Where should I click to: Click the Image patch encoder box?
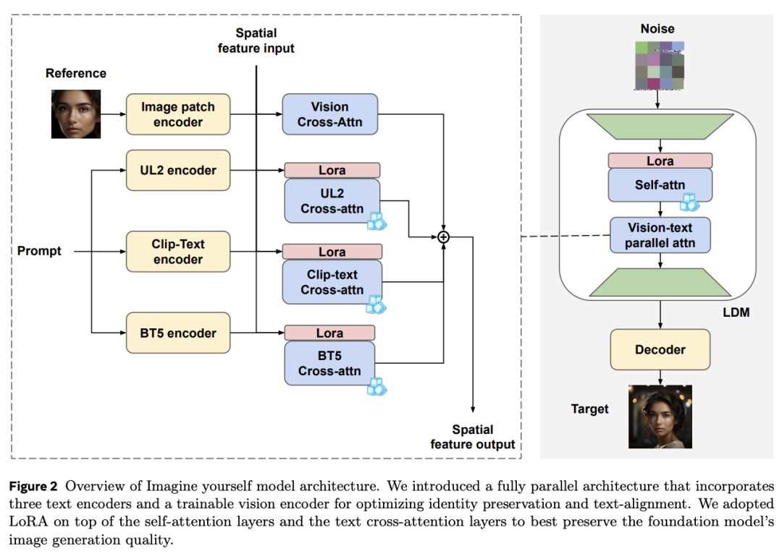(x=178, y=114)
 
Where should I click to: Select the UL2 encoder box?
(x=178, y=171)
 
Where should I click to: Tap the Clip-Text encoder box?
(x=178, y=252)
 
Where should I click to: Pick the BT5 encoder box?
(x=178, y=333)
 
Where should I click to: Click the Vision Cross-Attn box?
(x=329, y=114)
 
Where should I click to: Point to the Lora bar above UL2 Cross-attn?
(x=332, y=171)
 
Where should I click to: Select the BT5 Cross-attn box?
(x=329, y=363)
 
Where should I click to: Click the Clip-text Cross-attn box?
(x=332, y=282)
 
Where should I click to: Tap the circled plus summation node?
(x=443, y=237)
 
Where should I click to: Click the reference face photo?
(x=76, y=114)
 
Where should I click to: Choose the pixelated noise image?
(x=660, y=66)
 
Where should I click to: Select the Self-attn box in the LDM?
(x=660, y=185)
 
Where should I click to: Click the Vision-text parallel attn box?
(x=660, y=235)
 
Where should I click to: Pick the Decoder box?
(x=660, y=349)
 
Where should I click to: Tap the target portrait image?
(x=660, y=417)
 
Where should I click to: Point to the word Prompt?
(x=39, y=251)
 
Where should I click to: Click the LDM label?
(x=736, y=312)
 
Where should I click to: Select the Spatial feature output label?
(x=473, y=437)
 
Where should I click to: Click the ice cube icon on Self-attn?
(x=690, y=202)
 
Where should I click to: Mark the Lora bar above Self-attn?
(x=660, y=161)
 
